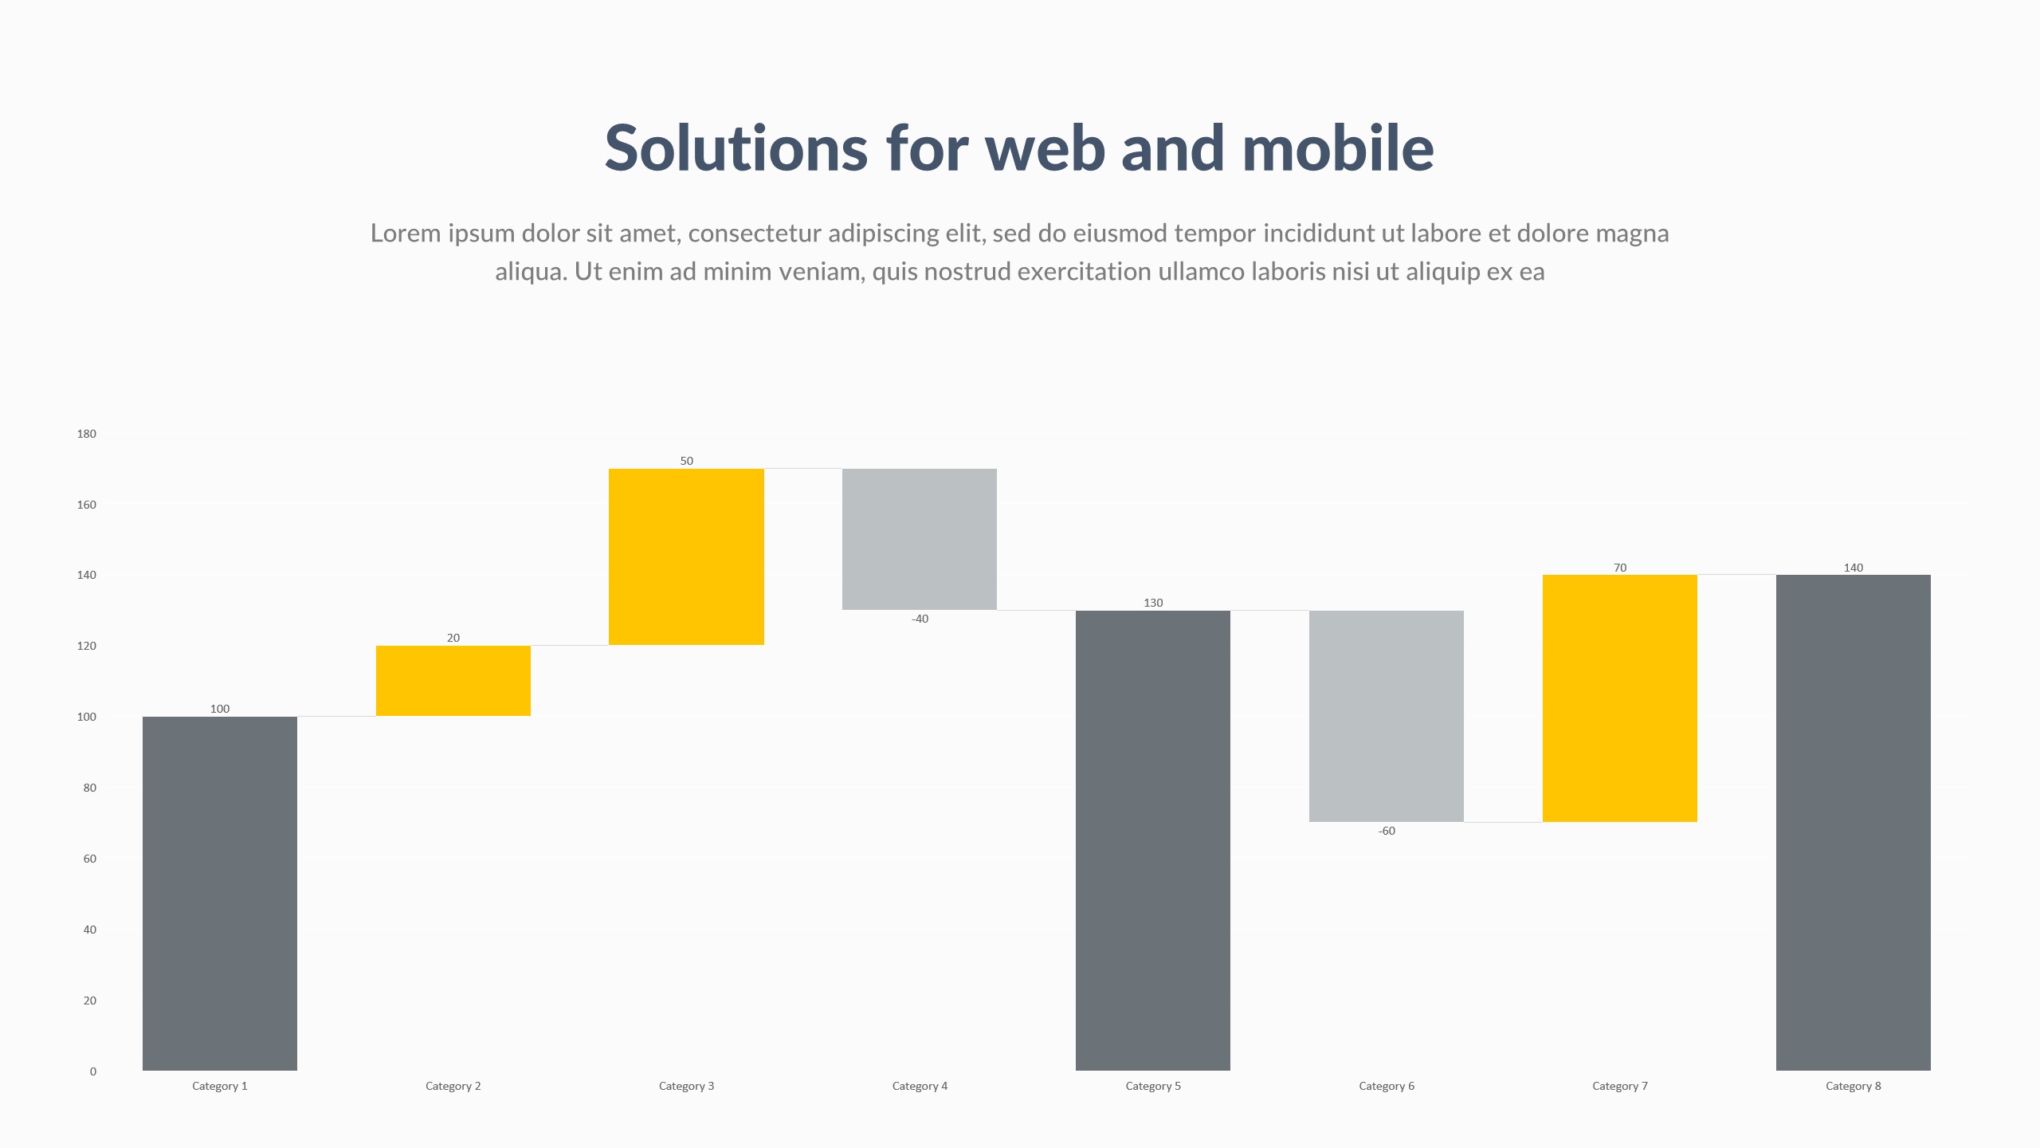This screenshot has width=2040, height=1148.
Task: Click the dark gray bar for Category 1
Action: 220,894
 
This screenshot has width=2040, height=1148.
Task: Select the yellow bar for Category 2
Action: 453,681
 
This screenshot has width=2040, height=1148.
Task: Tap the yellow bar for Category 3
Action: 686,556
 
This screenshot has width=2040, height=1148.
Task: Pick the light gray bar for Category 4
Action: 920,539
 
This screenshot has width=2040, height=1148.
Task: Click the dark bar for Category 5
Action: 1153,840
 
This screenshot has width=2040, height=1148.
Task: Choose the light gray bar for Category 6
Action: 1387,716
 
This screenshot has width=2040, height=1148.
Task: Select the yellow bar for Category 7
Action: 1620,698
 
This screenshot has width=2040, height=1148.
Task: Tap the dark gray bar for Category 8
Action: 1854,823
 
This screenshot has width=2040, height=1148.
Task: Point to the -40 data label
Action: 920,619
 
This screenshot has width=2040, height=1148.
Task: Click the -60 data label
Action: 1387,831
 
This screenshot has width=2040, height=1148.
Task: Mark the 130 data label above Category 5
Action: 1153,603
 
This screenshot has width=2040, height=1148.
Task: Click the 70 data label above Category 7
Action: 1620,568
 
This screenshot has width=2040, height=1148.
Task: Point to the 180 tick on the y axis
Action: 86,434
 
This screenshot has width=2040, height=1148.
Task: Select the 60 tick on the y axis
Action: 89,859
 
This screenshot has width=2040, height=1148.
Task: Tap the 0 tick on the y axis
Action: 93,1071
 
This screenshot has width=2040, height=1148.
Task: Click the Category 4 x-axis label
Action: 920,1086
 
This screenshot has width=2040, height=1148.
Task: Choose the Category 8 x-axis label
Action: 1854,1086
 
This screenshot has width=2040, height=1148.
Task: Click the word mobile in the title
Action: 1338,147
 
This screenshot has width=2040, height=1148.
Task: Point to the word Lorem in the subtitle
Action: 406,233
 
